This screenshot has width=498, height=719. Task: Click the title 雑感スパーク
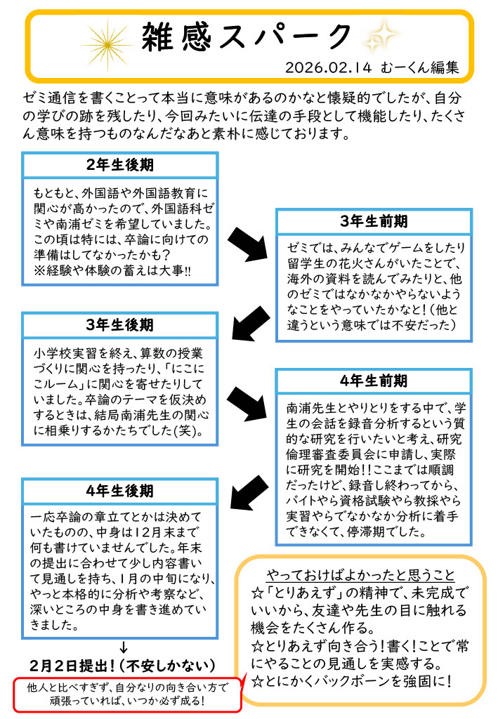tap(247, 37)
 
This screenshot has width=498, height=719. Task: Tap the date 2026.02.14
tap(328, 67)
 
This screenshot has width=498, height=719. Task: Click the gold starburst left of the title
tap(107, 44)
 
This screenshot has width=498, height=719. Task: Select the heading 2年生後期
tap(119, 164)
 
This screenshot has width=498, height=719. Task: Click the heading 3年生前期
tap(374, 221)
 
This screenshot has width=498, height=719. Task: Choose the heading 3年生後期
tap(119, 324)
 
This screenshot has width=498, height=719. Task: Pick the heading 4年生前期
tap(374, 381)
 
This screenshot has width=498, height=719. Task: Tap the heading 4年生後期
tap(119, 491)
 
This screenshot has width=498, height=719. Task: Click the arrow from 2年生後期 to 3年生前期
tap(247, 244)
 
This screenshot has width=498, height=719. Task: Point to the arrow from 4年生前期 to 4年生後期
tap(249, 492)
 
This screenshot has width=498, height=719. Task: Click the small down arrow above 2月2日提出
tap(123, 647)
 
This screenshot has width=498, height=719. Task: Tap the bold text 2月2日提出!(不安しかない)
tap(122, 666)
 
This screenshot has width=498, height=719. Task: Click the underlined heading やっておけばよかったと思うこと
tap(360, 575)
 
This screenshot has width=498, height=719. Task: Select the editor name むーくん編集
tap(419, 67)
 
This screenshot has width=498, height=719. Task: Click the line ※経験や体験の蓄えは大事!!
tap(112, 270)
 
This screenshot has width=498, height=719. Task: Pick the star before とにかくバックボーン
tap(257, 682)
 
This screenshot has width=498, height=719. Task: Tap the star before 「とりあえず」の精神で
tap(257, 593)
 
